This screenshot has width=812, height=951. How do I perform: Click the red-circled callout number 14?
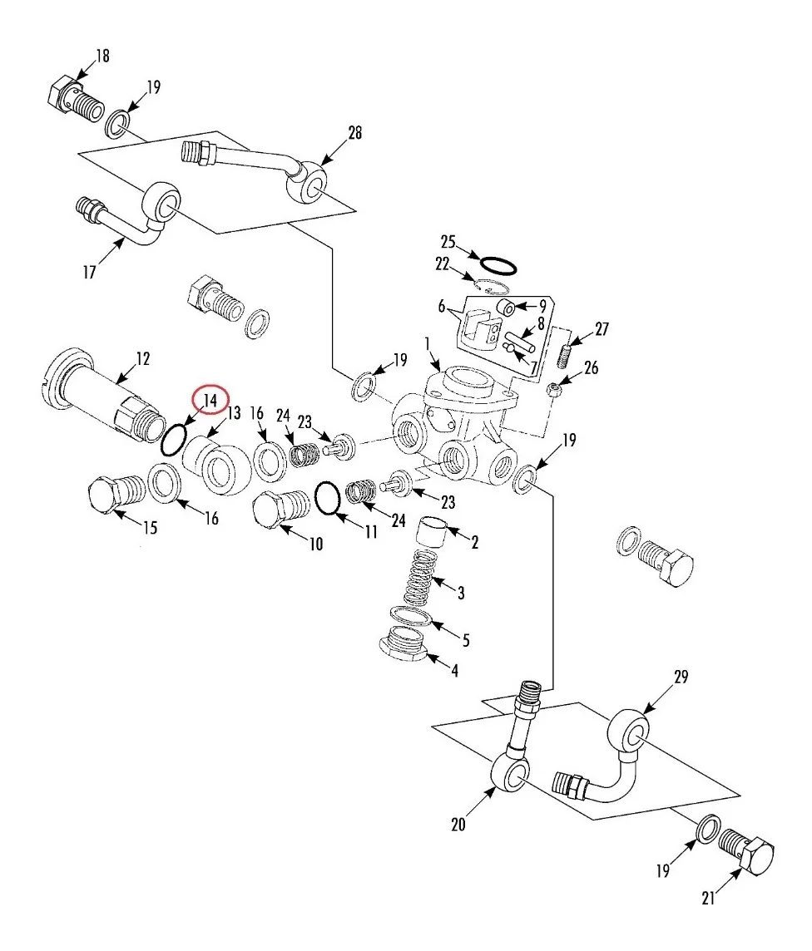coord(210,401)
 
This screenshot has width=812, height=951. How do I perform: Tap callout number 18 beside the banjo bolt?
coord(102,56)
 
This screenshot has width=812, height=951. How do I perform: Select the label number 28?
coord(354,132)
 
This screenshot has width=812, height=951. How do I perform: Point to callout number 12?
coord(142,358)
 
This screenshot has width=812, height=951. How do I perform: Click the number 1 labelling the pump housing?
coord(428,344)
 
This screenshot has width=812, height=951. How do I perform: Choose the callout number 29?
coord(681,676)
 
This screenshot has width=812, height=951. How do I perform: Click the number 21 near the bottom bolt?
coord(708,898)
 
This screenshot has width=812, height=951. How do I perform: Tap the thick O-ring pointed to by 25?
coord(498,265)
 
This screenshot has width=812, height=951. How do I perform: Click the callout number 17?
coord(89,272)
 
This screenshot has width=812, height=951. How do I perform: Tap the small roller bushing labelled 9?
coord(506,308)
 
